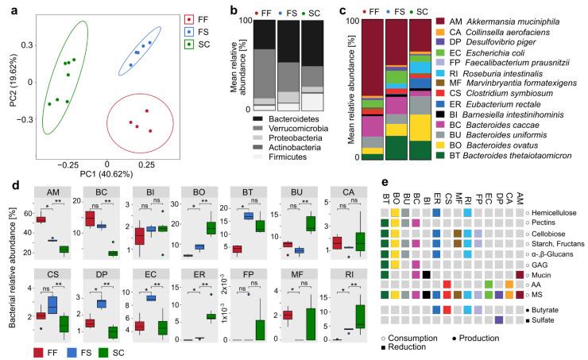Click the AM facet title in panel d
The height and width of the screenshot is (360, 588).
point(51,193)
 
